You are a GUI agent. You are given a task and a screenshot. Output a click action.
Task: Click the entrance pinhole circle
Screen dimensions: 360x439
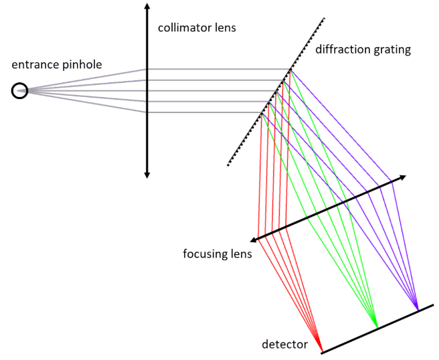(20, 90)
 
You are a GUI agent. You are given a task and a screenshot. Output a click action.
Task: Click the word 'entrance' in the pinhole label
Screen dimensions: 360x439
(33, 65)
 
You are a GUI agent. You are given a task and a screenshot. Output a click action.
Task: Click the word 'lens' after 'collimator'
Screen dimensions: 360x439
(226, 28)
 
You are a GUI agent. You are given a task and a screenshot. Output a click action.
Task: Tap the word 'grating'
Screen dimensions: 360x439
(392, 50)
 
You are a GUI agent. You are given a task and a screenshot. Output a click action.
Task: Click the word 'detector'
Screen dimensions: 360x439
(284, 345)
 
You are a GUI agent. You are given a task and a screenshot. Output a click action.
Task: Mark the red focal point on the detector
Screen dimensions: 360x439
(321, 351)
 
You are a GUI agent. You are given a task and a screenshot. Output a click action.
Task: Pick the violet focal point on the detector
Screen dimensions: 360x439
(416, 310)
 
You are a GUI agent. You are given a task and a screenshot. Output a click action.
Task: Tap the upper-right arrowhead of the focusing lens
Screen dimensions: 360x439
(403, 177)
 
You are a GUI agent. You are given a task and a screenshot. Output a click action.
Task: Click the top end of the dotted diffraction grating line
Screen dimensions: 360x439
(325, 18)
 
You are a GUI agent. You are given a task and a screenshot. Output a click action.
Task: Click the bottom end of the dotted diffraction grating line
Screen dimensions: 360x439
(228, 165)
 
